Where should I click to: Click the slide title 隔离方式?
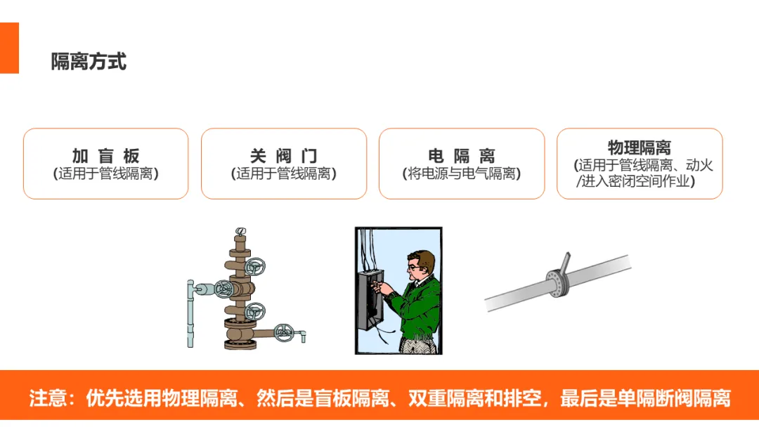(89, 62)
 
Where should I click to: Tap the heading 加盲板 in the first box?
(106, 156)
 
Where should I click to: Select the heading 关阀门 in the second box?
(284, 156)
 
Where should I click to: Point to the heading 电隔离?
(462, 156)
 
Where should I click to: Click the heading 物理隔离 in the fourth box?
(640, 147)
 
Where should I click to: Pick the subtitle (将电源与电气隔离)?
(462, 173)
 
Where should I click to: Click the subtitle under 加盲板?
(106, 173)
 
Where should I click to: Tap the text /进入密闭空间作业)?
(635, 181)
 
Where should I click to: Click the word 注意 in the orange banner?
(48, 398)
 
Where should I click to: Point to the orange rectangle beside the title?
(9, 48)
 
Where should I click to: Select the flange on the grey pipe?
(557, 283)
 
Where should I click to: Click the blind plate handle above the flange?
(565, 263)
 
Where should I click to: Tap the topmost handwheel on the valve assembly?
(254, 266)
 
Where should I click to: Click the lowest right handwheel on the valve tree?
(284, 332)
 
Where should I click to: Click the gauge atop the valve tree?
(240, 232)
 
